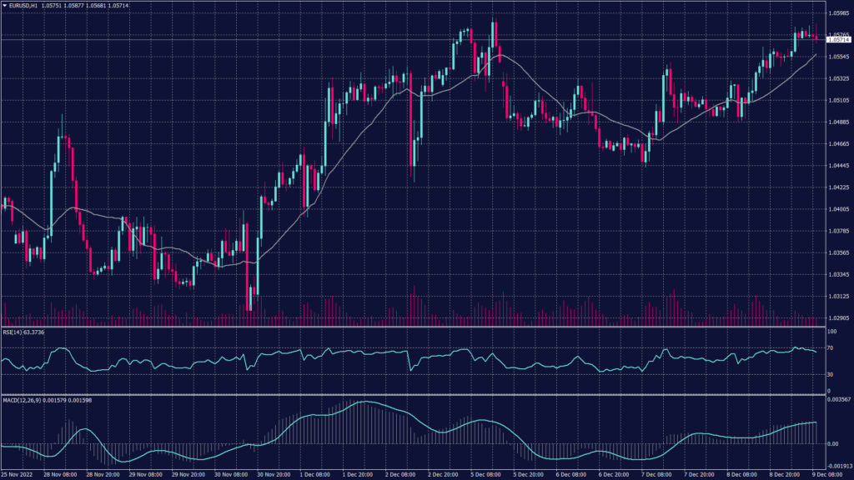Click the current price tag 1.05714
pos(837,39)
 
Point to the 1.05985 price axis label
pos(838,13)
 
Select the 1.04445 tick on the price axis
pos(838,166)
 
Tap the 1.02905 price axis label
pos(838,317)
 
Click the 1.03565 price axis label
pos(838,252)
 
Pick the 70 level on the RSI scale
pos(831,347)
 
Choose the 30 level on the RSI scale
pos(831,374)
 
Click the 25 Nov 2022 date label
pos(18,475)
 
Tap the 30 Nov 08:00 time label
pos(231,475)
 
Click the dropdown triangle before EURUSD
pos(4,6)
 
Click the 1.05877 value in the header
pos(88,6)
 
